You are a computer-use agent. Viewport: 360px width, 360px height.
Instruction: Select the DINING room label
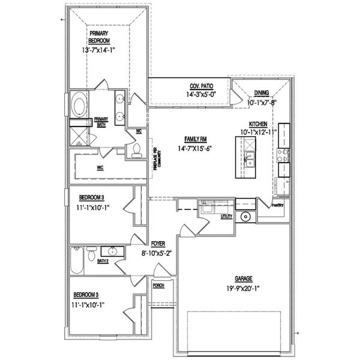(261, 93)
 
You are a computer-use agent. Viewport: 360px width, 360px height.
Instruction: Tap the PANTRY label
(277, 205)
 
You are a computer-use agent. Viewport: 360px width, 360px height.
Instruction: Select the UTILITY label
(226, 216)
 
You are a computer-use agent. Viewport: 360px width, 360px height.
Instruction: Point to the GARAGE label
(244, 279)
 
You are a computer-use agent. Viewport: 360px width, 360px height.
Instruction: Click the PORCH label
(159, 286)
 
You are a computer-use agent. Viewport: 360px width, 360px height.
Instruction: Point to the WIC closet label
(101, 169)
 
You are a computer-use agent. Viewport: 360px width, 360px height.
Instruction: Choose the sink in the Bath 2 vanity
(112, 252)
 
